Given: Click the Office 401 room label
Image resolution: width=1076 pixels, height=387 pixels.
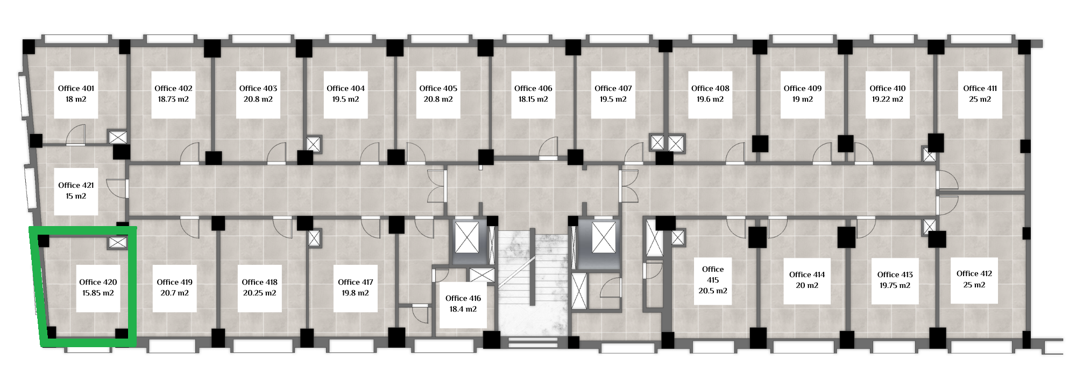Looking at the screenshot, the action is (76, 88).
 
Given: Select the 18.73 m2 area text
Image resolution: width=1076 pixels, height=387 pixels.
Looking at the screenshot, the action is (173, 100).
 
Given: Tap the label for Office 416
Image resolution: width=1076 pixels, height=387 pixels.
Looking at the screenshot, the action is (463, 298).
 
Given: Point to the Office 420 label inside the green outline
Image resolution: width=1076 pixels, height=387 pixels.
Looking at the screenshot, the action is (98, 282).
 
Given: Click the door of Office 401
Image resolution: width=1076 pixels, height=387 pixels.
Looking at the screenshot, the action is (75, 135).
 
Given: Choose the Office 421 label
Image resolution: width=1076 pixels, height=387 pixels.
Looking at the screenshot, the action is (76, 185).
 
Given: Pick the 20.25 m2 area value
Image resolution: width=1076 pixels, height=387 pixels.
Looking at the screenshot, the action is (259, 293).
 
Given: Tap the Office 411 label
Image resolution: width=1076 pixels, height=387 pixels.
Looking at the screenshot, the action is (980, 88).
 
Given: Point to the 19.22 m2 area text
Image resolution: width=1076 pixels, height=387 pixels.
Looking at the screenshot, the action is (888, 100).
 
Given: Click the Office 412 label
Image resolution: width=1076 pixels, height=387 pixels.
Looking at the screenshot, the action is (974, 273).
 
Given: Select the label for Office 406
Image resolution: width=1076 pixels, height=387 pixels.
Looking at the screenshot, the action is (533, 88).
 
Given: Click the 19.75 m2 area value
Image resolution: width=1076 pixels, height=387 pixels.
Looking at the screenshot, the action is (895, 286).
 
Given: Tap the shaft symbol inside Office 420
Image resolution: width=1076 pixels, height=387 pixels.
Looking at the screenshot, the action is (117, 243).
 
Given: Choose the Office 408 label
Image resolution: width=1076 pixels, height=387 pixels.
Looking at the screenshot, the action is (710, 88).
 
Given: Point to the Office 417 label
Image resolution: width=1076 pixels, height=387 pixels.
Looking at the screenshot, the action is (356, 282).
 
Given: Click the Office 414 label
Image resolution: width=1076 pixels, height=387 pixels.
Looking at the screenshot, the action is (807, 275).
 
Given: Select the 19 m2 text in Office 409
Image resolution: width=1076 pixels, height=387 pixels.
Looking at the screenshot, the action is (802, 100).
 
